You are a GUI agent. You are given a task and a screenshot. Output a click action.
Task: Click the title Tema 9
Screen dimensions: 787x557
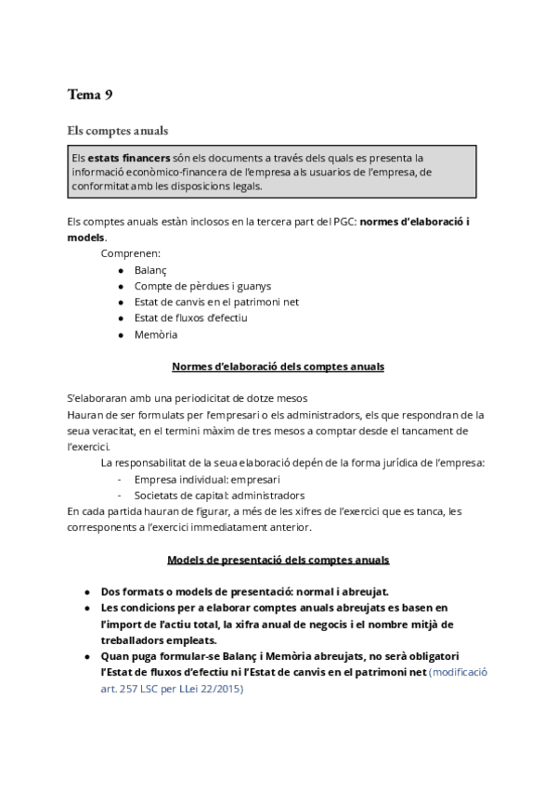[90, 94]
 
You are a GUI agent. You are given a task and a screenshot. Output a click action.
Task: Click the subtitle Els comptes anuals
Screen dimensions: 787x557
[118, 130]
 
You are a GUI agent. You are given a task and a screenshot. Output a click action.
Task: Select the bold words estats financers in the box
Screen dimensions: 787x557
[123, 158]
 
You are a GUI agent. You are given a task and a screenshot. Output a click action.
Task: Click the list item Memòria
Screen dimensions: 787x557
[155, 335]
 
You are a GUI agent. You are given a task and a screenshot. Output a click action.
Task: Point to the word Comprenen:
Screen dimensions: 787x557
[130, 252]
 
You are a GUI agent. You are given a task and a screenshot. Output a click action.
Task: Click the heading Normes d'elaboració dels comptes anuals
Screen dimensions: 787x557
[278, 367]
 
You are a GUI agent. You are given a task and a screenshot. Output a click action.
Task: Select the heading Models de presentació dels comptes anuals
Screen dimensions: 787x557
[278, 560]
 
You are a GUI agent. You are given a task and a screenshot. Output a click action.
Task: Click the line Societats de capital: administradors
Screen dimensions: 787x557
[219, 495]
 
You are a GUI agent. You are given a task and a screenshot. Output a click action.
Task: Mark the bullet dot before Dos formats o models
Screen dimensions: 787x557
[86, 590]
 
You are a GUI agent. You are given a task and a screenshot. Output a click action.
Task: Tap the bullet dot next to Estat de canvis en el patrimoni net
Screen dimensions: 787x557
[122, 303]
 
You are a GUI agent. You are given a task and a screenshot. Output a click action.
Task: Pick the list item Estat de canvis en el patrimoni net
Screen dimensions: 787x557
[216, 303]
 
